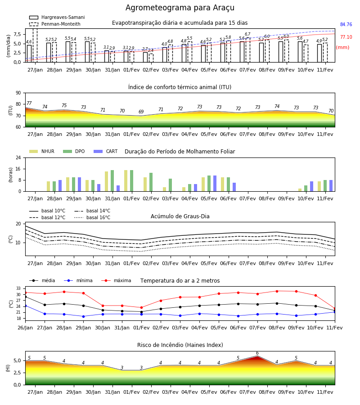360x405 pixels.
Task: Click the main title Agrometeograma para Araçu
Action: [x=180, y=8]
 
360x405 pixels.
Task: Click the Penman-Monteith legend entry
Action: [x=55, y=24]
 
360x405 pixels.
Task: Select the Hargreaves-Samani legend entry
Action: [x=57, y=17]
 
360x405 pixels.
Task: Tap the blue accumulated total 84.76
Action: [x=346, y=25]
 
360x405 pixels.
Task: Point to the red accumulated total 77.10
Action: [x=346, y=37]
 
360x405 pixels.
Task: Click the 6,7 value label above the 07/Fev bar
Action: [x=247, y=34]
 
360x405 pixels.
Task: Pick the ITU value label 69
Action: [x=141, y=112]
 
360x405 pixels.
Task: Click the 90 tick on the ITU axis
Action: [x=18, y=93]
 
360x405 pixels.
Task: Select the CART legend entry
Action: [x=105, y=151]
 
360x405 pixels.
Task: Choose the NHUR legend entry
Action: [x=42, y=151]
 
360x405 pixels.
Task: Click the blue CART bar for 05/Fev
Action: [x=215, y=184]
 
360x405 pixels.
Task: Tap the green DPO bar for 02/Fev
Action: [x=151, y=182]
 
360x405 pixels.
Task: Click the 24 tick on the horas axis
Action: [x=18, y=157]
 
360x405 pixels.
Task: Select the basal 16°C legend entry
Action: [x=92, y=217]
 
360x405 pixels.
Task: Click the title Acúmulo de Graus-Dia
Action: [x=180, y=216]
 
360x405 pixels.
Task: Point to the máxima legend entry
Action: [x=116, y=280]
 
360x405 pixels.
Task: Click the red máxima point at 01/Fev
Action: [x=141, y=308]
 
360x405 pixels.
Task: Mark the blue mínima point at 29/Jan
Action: [x=83, y=316]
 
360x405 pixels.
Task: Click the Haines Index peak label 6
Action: [x=257, y=353]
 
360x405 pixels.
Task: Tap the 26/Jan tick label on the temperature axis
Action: [x=25, y=328]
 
